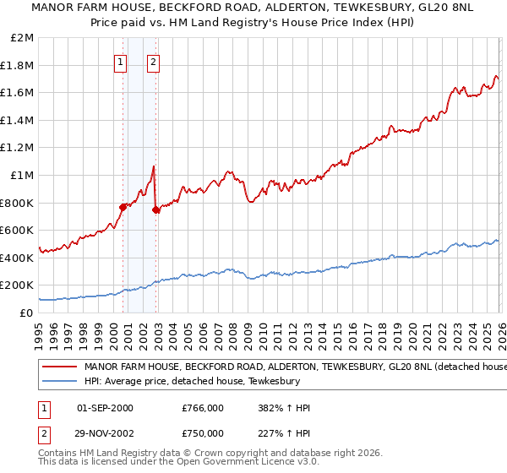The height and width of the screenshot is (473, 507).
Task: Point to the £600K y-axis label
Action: coord(17,230)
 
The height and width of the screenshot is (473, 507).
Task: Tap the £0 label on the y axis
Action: coord(25,313)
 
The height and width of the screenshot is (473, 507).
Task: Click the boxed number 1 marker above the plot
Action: coord(120,61)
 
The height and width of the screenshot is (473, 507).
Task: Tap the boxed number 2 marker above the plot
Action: coord(153,61)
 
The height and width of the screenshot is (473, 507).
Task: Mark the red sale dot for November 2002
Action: coord(156,209)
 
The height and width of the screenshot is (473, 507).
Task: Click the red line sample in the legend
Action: coord(59,367)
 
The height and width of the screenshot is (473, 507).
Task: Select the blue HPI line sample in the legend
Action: coord(59,382)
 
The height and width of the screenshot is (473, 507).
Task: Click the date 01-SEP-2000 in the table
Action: coord(105,408)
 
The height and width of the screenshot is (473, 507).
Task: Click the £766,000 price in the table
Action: coord(203,408)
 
